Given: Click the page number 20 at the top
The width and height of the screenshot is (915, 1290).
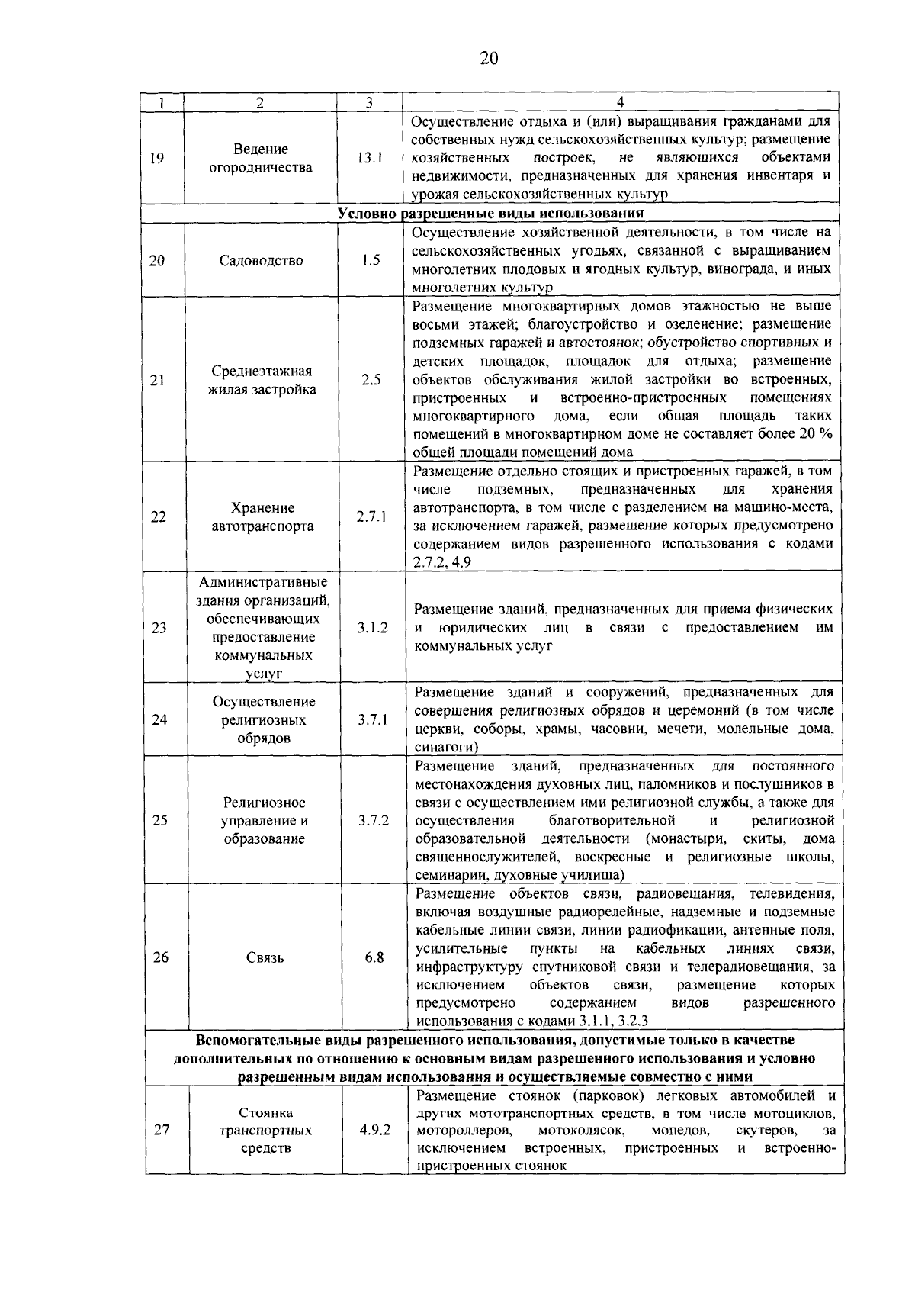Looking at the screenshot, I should point(489,59).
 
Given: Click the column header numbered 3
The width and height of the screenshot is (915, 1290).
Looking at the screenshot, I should point(368,103).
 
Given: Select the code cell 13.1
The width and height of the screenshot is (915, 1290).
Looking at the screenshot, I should point(370,158).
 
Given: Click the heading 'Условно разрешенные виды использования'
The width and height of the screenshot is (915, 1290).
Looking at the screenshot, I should point(491,213).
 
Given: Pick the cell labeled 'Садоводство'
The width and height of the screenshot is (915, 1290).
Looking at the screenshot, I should point(261,260).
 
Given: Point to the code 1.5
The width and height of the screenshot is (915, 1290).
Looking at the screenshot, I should point(371,260).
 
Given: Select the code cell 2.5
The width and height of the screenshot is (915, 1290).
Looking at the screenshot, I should point(371,380).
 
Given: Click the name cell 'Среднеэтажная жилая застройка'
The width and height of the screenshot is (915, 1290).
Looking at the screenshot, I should point(262,380).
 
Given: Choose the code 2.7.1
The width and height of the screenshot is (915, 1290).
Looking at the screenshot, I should point(372,516).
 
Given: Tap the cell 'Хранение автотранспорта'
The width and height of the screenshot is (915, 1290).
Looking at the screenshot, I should point(262,516).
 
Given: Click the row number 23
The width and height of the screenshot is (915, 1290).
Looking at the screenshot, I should point(159,628).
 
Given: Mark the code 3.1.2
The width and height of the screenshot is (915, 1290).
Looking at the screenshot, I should point(373,628).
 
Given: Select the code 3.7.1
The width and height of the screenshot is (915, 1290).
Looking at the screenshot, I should point(373,719).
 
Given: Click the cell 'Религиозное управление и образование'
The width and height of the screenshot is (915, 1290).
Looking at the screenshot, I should point(264,820).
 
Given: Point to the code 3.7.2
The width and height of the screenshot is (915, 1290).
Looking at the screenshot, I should point(374,820).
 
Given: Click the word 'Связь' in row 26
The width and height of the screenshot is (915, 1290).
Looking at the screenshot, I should point(265,957).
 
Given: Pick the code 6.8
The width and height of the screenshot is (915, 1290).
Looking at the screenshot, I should point(374,957).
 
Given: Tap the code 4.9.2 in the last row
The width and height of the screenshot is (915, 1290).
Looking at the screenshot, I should point(375,1130).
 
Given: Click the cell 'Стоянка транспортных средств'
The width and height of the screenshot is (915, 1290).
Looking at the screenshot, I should point(265,1130).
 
